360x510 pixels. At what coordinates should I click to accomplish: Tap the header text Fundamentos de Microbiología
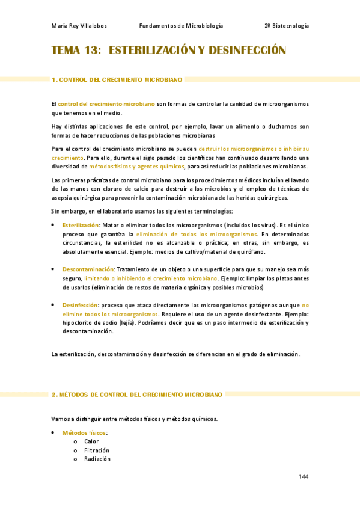click(181, 26)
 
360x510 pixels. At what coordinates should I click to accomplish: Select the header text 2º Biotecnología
click(286, 26)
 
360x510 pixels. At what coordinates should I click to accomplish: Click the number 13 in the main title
click(92, 51)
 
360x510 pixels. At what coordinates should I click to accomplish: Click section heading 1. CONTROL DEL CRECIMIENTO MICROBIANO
click(117, 79)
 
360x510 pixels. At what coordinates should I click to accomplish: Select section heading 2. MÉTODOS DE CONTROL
click(137, 395)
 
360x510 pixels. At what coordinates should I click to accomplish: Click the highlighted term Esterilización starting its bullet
click(80, 225)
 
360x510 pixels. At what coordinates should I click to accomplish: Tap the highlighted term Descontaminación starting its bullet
click(88, 269)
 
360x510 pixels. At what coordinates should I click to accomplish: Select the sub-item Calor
click(91, 441)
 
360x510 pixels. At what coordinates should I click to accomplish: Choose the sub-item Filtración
click(96, 450)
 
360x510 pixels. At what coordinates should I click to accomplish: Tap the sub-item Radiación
click(97, 458)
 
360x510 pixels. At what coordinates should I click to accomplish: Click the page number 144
click(303, 476)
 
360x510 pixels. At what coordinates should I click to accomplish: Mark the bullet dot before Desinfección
click(54, 305)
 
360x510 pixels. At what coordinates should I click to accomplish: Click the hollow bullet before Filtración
click(75, 450)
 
